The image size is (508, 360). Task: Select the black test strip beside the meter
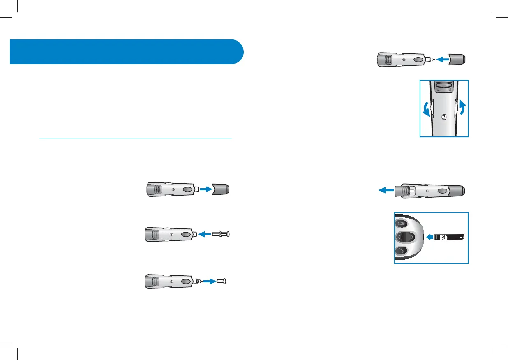(450, 237)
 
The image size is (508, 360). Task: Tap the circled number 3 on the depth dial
(444, 117)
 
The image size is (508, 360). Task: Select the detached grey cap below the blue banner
(220, 189)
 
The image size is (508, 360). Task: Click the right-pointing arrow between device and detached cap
(206, 189)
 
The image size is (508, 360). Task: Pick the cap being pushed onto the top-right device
(456, 60)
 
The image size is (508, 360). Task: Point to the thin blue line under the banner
(136, 138)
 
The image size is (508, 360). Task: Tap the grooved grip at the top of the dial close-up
(443, 87)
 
